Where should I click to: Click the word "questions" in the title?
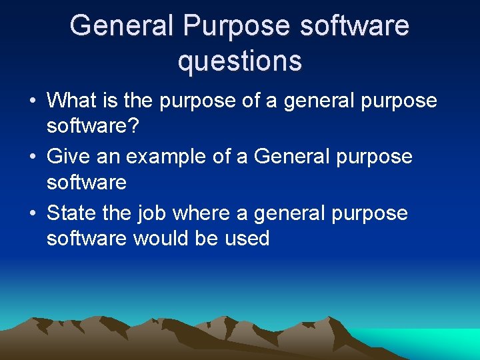click(x=239, y=61)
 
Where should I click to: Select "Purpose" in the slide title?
click(x=239, y=26)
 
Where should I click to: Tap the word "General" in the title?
click(x=121, y=26)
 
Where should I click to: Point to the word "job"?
click(x=153, y=214)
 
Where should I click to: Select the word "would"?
click(x=161, y=239)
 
